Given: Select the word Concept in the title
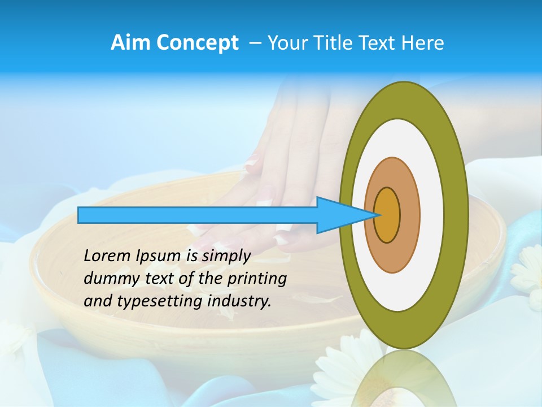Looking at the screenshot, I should point(198,43).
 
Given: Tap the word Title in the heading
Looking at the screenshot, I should point(331,43).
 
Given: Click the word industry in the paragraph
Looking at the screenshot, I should point(239,301).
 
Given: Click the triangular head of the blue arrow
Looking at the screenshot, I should point(339,215).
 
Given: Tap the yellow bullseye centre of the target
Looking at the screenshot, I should point(387,215).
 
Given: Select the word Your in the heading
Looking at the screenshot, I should point(286,43).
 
